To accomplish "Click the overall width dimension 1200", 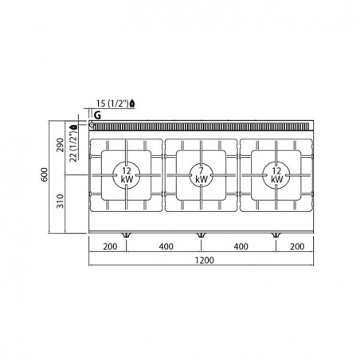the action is click(204, 260).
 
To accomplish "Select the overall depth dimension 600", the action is click(45, 174).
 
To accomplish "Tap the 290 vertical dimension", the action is click(61, 145).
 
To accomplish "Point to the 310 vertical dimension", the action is click(61, 201).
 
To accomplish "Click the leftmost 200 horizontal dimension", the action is click(110, 247).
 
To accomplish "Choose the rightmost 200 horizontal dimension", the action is click(297, 247).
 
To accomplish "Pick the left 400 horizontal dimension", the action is click(166, 247).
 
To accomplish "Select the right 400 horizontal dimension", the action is click(241, 247).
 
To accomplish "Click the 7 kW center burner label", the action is click(202, 175).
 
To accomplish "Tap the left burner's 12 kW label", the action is click(127, 175).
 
